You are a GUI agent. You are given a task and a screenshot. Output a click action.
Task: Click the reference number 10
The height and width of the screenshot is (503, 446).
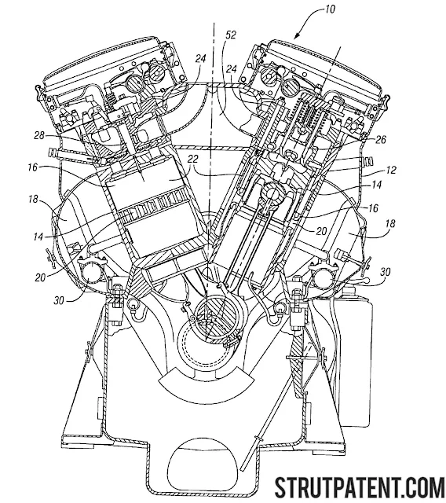[329, 9]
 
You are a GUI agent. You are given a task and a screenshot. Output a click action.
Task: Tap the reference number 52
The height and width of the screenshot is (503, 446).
[231, 35]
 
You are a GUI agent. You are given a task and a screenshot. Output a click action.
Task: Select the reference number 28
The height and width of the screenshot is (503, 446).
[39, 136]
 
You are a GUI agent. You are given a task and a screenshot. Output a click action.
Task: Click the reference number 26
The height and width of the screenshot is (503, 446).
[381, 140]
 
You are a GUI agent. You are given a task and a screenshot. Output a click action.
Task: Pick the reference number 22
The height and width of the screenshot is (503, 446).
[193, 159]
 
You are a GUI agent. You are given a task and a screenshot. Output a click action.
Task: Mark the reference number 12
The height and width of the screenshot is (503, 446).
[390, 170]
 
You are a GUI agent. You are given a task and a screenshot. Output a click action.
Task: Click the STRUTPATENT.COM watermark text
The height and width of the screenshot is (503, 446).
[360, 486]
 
